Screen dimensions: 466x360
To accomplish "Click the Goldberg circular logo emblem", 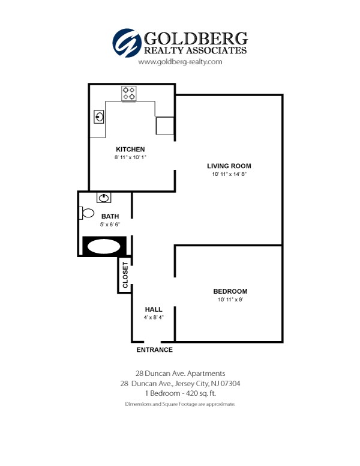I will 125,42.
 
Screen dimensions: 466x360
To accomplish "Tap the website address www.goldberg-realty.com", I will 180,62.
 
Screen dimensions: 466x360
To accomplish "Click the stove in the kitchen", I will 129,94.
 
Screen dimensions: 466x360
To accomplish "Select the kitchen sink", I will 99,117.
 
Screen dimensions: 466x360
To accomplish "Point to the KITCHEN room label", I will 130,150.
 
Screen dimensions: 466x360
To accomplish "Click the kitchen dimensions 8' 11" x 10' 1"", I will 130,157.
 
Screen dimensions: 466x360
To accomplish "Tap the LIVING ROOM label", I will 229,166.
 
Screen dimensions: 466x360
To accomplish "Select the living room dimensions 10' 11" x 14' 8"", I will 229,175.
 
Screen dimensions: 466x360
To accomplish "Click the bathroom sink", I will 104,198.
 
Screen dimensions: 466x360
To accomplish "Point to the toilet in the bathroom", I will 87,213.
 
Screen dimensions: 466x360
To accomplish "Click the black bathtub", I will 104,246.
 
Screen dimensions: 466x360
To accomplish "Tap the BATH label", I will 110,216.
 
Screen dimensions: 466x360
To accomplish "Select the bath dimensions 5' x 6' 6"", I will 110,224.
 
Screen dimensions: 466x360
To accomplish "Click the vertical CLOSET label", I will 125,276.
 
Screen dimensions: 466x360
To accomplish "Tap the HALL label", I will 153,310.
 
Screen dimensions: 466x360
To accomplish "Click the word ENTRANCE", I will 154,349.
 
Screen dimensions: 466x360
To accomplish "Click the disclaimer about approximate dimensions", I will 180,404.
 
